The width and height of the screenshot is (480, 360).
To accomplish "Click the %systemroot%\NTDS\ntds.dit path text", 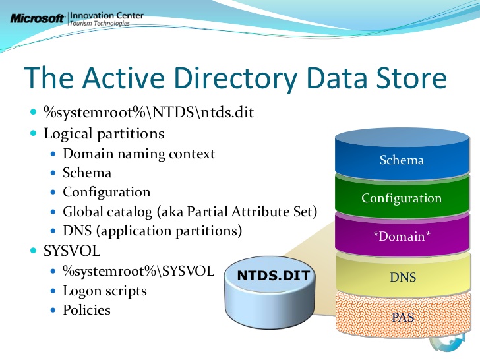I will click(148, 113).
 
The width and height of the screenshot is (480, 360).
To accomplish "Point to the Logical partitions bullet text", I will click(104, 133).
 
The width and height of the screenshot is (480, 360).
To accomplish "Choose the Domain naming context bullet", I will click(138, 154).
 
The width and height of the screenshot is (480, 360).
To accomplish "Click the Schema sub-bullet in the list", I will click(87, 173).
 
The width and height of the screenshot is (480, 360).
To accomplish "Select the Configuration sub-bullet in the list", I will click(106, 192).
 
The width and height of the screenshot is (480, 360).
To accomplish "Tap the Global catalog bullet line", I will click(190, 212).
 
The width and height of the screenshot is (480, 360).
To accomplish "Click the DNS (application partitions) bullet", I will click(152, 231).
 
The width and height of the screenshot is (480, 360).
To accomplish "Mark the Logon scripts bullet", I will click(104, 290).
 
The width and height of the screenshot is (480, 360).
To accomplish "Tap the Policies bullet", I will click(86, 309).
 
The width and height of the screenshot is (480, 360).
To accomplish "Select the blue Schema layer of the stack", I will click(402, 160).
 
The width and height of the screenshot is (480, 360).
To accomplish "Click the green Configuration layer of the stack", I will click(402, 198).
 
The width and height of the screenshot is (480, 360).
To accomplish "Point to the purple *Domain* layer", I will click(402, 237).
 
